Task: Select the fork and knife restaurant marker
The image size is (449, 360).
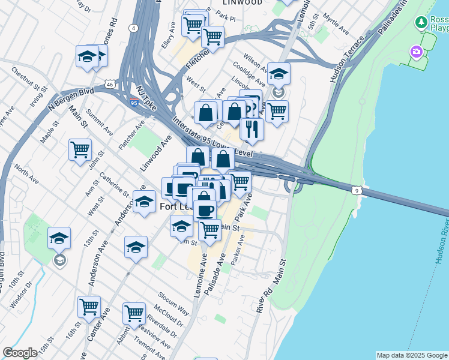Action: [252, 128]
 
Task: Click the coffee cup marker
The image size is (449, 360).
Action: [205, 211]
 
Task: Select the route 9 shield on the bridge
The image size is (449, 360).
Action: [357, 190]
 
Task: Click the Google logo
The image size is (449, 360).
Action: [20, 353]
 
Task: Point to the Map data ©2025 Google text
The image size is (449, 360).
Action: [412, 355]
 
